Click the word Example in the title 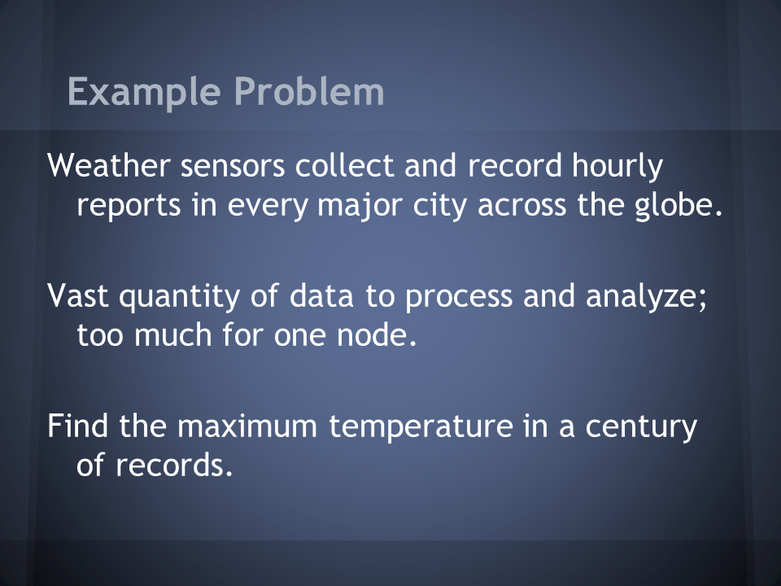click(x=144, y=93)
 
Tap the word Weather click(x=109, y=165)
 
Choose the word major click(x=360, y=205)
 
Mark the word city click(x=440, y=205)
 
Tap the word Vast click(x=78, y=295)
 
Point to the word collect click(x=345, y=165)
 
